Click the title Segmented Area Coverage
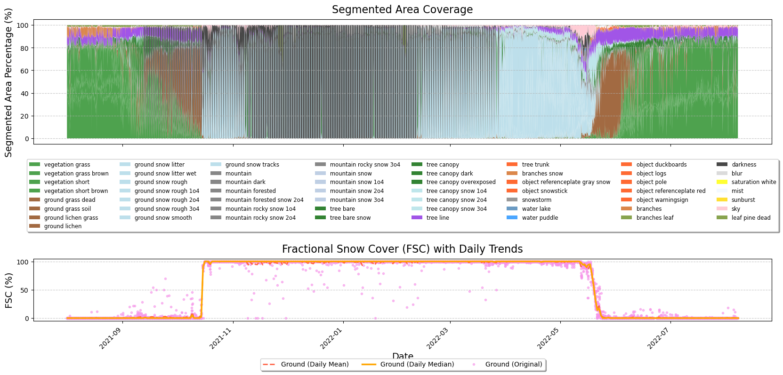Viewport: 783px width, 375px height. (x=402, y=10)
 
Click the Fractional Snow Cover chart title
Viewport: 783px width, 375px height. (x=402, y=249)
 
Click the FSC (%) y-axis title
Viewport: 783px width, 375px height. (x=9, y=290)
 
